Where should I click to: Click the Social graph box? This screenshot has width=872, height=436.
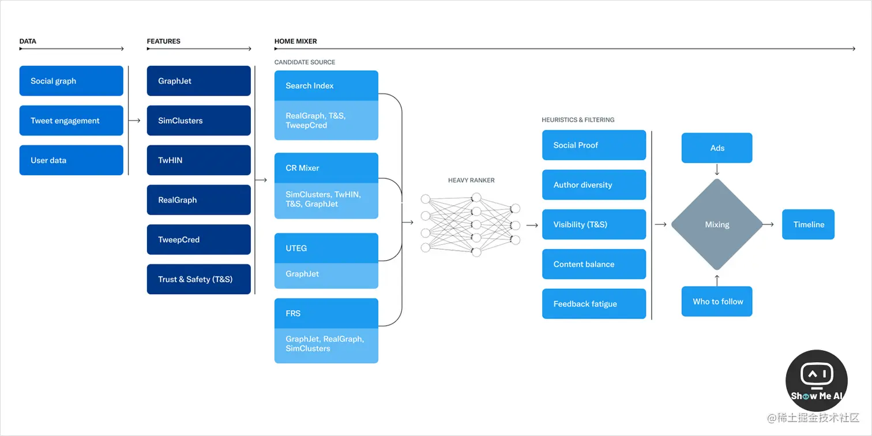click(x=72, y=81)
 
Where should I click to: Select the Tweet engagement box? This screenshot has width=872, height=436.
click(x=72, y=121)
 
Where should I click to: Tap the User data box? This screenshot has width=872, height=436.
click(x=72, y=160)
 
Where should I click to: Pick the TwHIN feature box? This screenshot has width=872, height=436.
click(x=198, y=160)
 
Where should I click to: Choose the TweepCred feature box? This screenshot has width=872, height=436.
click(x=198, y=239)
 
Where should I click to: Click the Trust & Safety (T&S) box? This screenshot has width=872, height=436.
click(x=198, y=279)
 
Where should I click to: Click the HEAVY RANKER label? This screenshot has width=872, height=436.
click(x=471, y=181)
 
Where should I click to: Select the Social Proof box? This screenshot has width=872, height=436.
click(x=594, y=145)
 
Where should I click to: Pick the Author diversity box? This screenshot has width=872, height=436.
click(x=594, y=185)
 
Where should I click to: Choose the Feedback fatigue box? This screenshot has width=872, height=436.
click(x=594, y=303)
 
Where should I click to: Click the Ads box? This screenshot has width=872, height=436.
click(x=717, y=148)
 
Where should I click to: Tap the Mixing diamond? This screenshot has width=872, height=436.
click(x=717, y=224)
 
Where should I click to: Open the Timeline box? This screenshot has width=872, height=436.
click(x=809, y=224)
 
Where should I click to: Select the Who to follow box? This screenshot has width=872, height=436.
click(x=717, y=301)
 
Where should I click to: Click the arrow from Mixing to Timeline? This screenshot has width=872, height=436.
click(x=768, y=224)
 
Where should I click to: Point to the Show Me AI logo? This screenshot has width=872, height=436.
click(x=817, y=380)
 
